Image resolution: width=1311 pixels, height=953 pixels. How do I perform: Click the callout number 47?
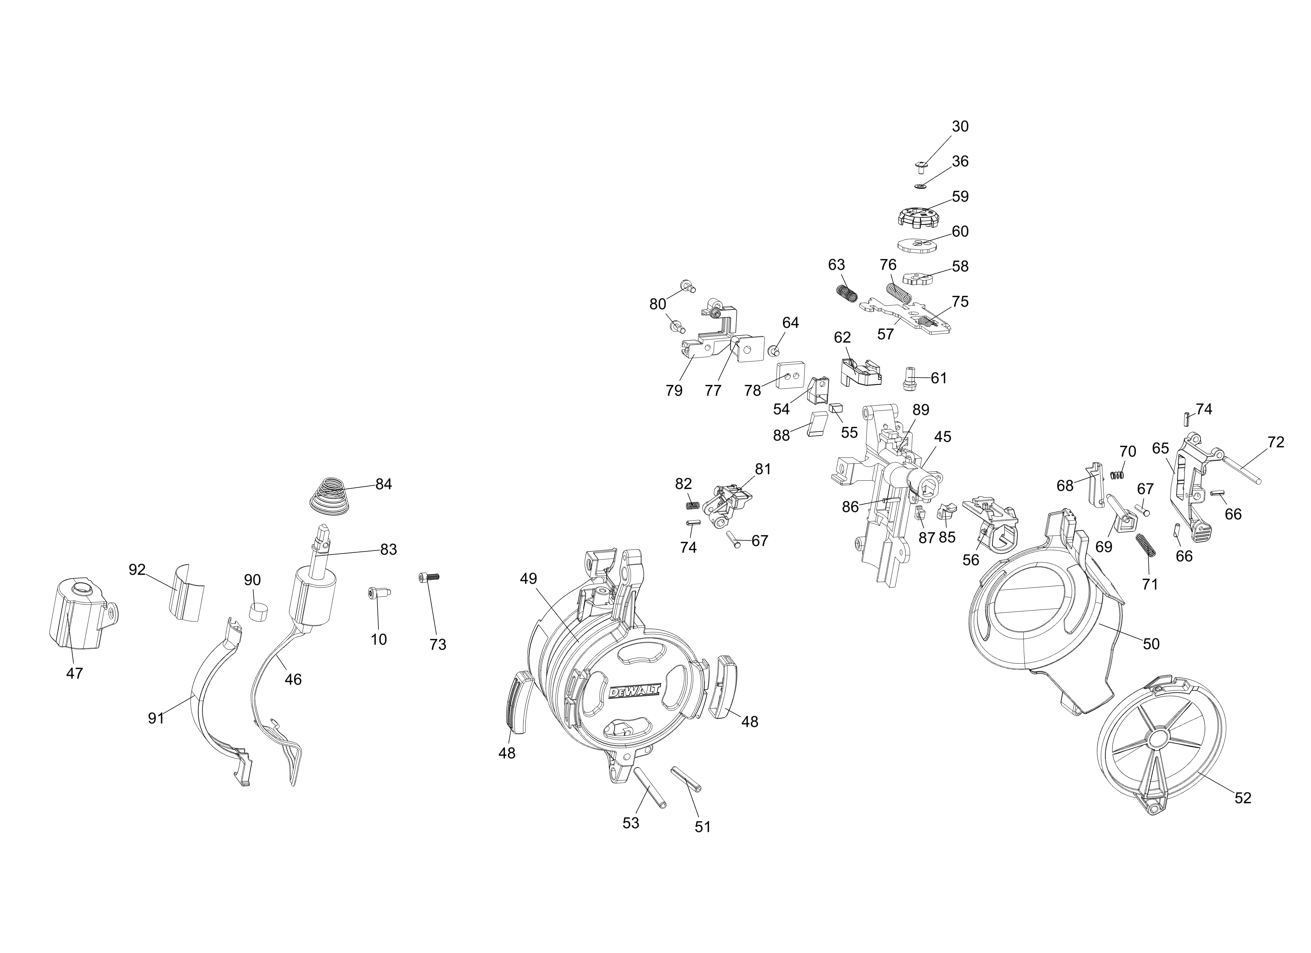pos(75,673)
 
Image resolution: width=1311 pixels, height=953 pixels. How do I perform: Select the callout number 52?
pos(1243,798)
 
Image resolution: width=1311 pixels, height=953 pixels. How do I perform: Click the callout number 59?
pos(960,196)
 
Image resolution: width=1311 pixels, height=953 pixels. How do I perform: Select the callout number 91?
pos(156,719)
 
